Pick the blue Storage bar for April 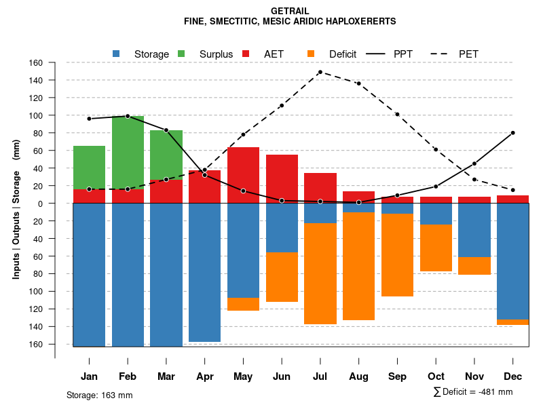coord(204,272)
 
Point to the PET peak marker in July coord(320,72)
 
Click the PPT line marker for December coord(512,133)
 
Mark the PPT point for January coord(89,119)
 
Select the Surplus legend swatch coord(181,54)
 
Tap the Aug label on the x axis coord(358,376)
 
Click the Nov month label coord(474,376)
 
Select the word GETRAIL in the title coord(290,12)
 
